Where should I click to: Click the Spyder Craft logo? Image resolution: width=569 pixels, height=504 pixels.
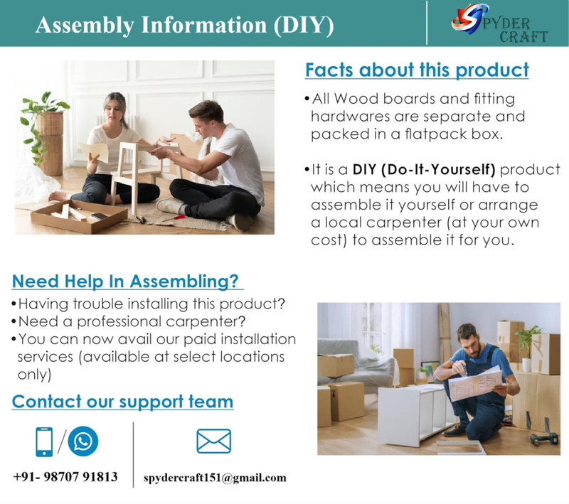[x=499, y=23]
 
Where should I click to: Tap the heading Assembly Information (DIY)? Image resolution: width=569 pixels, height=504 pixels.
[x=184, y=25]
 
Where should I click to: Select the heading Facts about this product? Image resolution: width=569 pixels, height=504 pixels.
[x=417, y=70]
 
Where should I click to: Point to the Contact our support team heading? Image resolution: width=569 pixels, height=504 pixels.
[x=122, y=402]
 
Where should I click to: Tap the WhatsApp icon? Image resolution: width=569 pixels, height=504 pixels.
[x=83, y=441]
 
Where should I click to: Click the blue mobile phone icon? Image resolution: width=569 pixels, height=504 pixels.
[x=44, y=441]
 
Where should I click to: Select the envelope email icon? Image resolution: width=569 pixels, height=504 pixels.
[x=214, y=441]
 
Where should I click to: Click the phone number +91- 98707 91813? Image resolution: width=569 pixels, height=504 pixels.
[x=65, y=476]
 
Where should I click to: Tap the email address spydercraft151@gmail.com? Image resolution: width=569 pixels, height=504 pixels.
[x=215, y=478]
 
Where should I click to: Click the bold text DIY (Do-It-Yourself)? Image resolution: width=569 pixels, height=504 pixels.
[x=424, y=170]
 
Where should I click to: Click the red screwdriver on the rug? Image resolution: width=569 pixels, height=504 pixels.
[x=174, y=218]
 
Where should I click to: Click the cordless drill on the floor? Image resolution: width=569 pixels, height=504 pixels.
[x=544, y=438]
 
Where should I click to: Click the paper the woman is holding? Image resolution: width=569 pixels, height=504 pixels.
[x=94, y=151]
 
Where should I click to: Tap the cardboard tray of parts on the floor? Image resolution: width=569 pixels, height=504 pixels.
[x=79, y=216]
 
